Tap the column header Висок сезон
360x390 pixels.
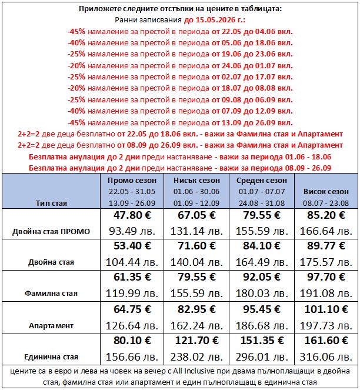coord(325,192)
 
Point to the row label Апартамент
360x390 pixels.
coord(51,325)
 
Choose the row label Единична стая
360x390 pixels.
coord(51,356)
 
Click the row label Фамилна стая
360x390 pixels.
coord(51,293)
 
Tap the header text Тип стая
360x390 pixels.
coord(51,203)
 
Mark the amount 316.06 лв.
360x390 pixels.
coord(325,356)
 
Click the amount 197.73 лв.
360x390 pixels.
coord(325,325)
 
